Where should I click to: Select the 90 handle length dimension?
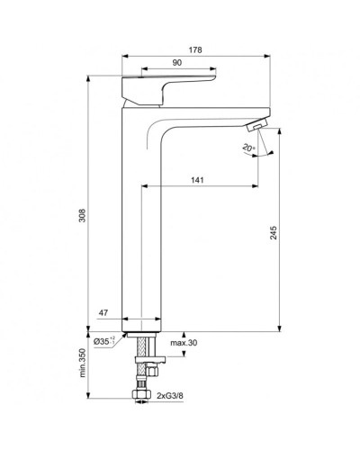point(178,64)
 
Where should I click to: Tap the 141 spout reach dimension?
point(197,179)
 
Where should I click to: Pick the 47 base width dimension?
point(104,313)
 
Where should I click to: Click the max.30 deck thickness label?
point(184,344)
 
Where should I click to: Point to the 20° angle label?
point(247,147)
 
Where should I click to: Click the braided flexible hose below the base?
point(140,369)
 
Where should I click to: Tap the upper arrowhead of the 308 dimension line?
point(88,79)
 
